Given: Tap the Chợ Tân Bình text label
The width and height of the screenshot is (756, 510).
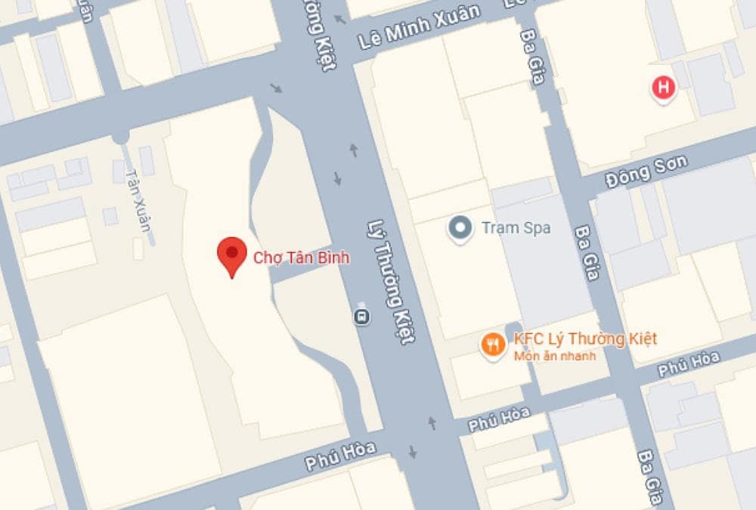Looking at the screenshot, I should (302, 258).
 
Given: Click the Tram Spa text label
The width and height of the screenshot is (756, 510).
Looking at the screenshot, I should (516, 227).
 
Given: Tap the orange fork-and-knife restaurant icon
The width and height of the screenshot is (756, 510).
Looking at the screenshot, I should (493, 345).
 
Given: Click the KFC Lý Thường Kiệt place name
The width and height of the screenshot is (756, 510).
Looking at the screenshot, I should (585, 338).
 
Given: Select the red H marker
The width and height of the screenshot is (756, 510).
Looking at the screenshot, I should (664, 88).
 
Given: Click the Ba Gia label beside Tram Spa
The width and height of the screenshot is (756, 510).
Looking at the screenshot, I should (587, 252).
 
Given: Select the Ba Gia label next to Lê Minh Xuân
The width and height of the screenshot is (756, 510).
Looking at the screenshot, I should (532, 57).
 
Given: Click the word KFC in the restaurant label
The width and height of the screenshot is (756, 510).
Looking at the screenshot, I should (528, 338).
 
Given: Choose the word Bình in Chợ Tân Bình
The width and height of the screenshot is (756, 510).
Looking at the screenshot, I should (333, 258).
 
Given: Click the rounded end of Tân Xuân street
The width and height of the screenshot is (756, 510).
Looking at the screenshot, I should (119, 138).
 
